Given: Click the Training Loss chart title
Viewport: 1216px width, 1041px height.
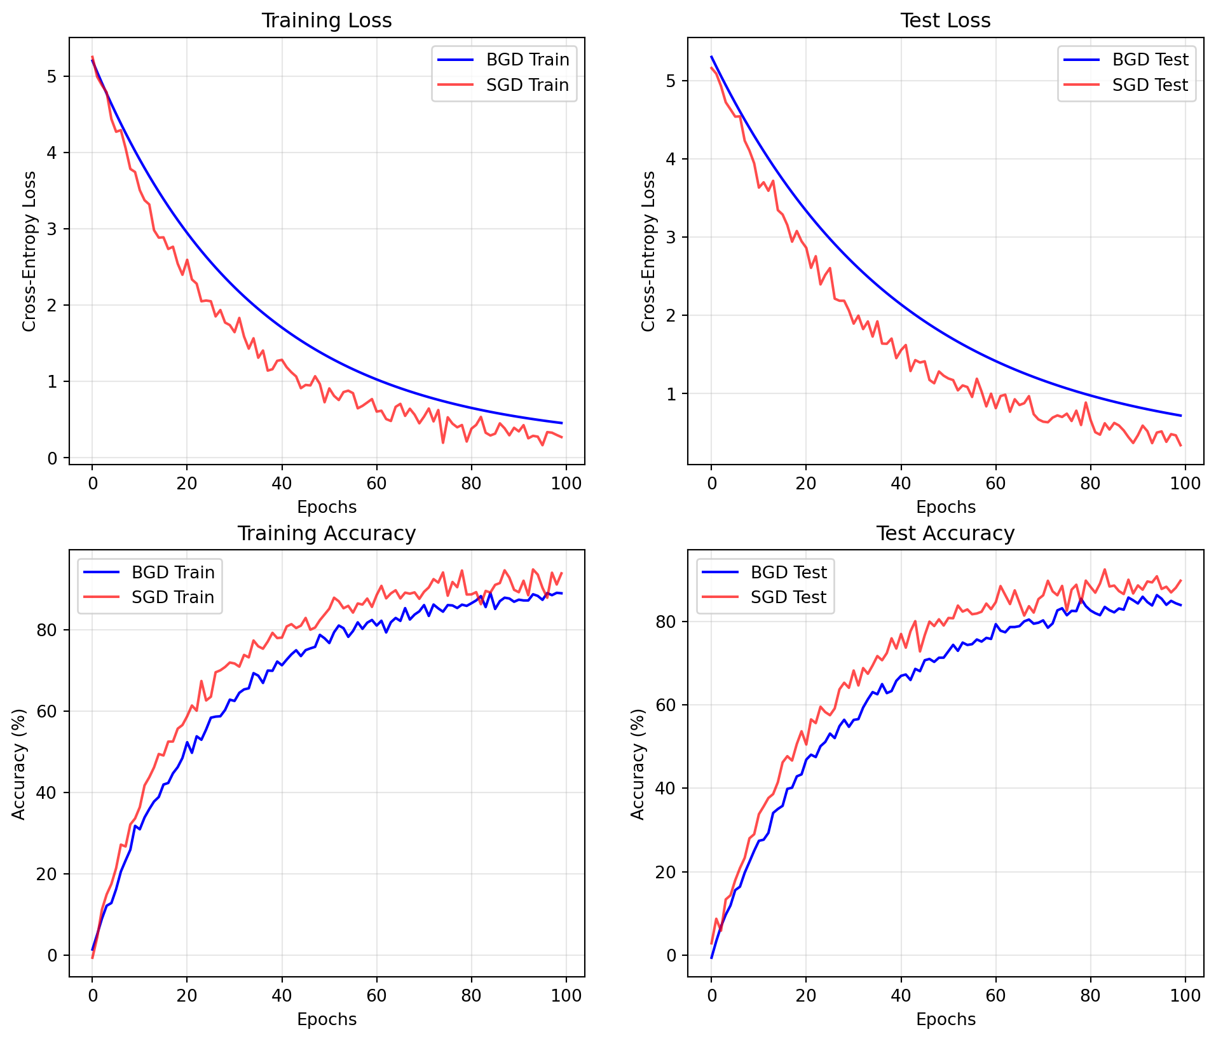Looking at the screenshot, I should point(327,21).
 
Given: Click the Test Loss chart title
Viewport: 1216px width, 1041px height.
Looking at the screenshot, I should point(945,21).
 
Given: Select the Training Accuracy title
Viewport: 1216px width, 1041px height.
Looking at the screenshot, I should point(327,533).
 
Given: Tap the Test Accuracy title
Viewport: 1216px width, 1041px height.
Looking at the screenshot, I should point(945,533).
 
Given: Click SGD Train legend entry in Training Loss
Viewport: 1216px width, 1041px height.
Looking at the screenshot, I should point(527,85).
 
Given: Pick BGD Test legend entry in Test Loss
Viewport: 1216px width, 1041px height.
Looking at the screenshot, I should point(1150,60).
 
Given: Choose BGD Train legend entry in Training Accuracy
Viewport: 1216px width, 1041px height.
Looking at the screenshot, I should point(173,573).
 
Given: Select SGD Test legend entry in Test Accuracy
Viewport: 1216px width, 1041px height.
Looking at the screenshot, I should point(788,597).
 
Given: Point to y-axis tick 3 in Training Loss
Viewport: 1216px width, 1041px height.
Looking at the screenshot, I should point(52,229).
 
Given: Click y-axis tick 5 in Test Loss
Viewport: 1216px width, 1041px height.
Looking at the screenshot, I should point(671,81).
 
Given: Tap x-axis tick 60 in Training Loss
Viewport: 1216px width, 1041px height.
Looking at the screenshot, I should point(376,483).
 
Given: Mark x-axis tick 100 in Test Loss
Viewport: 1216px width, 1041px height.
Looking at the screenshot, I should point(1185,483).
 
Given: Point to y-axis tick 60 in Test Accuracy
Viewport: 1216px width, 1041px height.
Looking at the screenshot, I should point(666,705).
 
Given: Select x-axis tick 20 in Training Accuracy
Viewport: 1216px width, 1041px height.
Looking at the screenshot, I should point(187,995).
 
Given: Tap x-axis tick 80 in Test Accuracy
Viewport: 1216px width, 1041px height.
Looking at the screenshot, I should point(1090,995).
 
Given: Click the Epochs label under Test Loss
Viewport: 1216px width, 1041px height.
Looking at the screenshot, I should point(945,507).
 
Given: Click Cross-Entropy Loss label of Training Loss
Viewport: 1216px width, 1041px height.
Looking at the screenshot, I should point(29,251).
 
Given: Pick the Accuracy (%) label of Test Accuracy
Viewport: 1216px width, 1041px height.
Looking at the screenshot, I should point(638,764).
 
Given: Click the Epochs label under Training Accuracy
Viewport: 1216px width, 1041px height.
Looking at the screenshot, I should point(327,1019).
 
